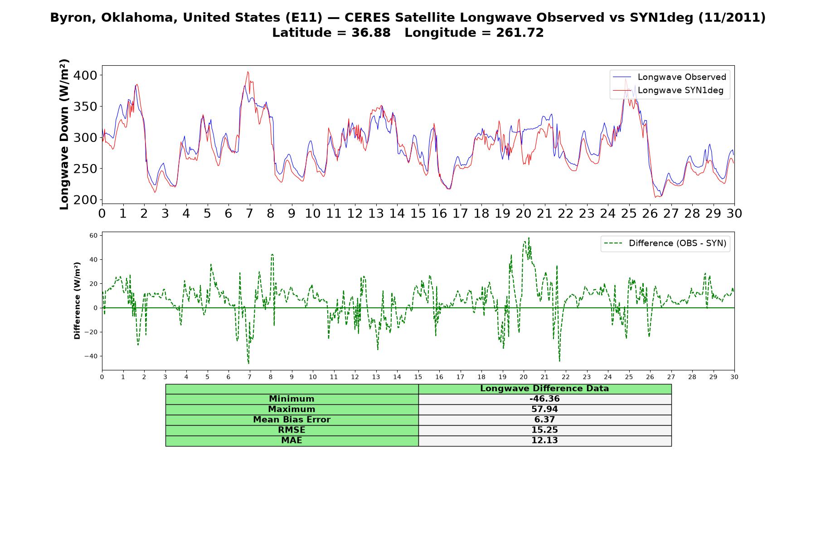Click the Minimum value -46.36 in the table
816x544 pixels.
(544, 399)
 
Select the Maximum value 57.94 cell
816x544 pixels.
(544, 409)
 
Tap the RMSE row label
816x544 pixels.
(291, 430)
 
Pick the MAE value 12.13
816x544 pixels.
(544, 441)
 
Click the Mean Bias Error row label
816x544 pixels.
(291, 420)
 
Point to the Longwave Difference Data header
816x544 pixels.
(544, 389)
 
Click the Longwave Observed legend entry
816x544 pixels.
(670, 77)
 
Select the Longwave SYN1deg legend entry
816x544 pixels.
(668, 90)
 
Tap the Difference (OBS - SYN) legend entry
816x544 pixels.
(665, 243)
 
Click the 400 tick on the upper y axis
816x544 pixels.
(85, 75)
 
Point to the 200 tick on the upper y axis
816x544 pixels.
(85, 199)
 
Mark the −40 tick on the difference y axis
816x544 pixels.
(91, 356)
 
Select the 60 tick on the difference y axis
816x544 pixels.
(94, 235)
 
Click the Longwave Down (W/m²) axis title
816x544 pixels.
(64, 134)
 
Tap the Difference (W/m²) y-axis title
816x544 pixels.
(77, 301)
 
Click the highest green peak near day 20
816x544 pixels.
(529, 238)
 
